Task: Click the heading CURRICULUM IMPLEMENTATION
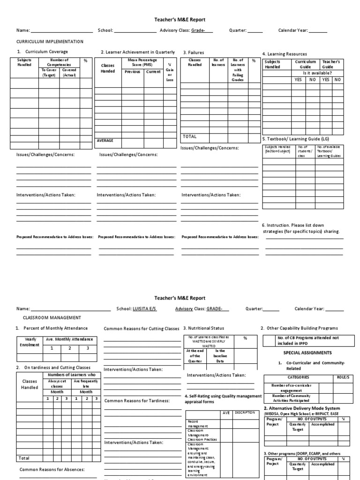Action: point(50,42)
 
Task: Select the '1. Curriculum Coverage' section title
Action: point(42,52)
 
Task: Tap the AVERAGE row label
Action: point(105,140)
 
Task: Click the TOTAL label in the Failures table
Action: point(189,137)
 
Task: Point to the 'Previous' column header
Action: point(132,72)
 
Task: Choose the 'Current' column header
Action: point(153,72)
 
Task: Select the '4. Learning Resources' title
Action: point(285,54)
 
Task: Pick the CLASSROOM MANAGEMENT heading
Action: point(52,317)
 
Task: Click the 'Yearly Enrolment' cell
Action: point(27,342)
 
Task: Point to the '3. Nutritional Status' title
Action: point(203,328)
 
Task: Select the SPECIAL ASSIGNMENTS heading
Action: point(307,352)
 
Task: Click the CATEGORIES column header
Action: point(298,377)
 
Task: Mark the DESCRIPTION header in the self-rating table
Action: point(245,413)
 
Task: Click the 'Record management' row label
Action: point(197,424)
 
